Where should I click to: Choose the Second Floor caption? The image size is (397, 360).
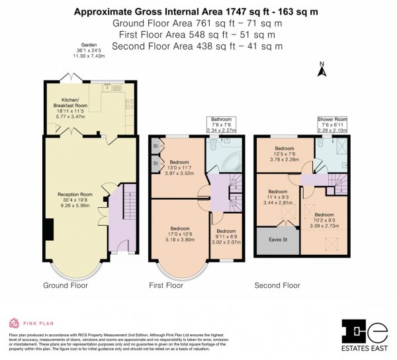[277, 286]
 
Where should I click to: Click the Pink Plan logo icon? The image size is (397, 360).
[14, 324]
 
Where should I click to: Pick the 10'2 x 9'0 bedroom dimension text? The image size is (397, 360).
[324, 220]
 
